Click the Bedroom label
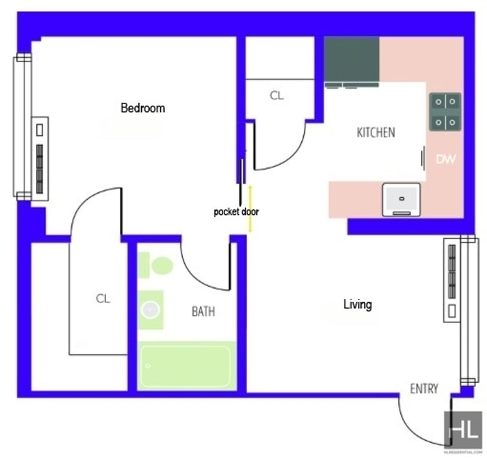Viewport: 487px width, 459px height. tap(142, 108)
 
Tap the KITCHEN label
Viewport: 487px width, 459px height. tap(376, 133)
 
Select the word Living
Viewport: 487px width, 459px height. tap(357, 304)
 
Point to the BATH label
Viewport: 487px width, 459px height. tap(203, 312)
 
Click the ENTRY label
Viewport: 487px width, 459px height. tap(424, 389)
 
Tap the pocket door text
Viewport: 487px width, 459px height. tap(236, 212)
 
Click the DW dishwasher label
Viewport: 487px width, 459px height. tap(446, 159)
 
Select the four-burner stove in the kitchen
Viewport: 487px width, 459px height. tap(445, 111)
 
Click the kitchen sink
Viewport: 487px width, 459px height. tap(402, 200)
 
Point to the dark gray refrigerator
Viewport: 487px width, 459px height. tap(352, 59)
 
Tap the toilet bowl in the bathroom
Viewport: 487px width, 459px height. tap(162, 265)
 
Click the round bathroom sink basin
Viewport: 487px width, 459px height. tap(151, 310)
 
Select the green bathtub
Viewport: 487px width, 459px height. tap(187, 365)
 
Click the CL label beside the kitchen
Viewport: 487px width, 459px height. tap(277, 96)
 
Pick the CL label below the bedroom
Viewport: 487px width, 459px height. tap(103, 299)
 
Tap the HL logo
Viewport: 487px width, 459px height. tap(463, 430)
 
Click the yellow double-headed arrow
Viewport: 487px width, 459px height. tap(250, 209)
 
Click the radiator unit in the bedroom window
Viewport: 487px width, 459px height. tap(40, 159)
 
